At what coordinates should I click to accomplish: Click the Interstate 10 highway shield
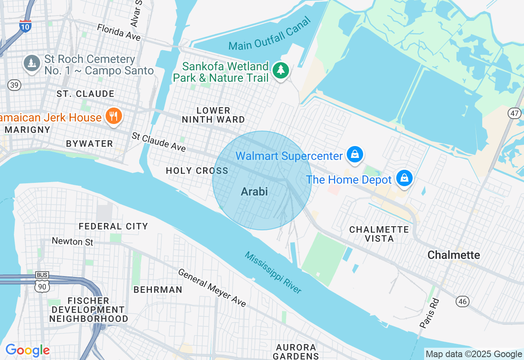pyautogui.click(x=25, y=26)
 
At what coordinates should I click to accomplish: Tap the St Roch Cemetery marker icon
pyautogui.click(x=32, y=63)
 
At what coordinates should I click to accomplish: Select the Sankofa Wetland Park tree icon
pyautogui.click(x=281, y=70)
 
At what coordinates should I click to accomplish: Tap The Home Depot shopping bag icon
pyautogui.click(x=404, y=179)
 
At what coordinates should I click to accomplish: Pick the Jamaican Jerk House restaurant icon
pyautogui.click(x=113, y=116)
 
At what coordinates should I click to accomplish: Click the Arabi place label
pyautogui.click(x=254, y=191)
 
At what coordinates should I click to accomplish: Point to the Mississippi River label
pyautogui.click(x=273, y=272)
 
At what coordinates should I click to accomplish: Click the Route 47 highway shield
pyautogui.click(x=515, y=113)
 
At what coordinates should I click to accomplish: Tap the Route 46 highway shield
pyautogui.click(x=463, y=301)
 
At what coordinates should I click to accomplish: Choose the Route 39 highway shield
pyautogui.click(x=14, y=85)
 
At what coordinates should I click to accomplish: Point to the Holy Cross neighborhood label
pyautogui.click(x=197, y=171)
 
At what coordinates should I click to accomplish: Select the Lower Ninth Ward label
pyautogui.click(x=213, y=115)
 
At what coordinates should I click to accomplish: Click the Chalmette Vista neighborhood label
pyautogui.click(x=379, y=234)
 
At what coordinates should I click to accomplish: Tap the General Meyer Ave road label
pyautogui.click(x=212, y=288)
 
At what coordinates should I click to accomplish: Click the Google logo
pyautogui.click(x=27, y=350)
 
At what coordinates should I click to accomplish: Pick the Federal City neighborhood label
pyautogui.click(x=113, y=226)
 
